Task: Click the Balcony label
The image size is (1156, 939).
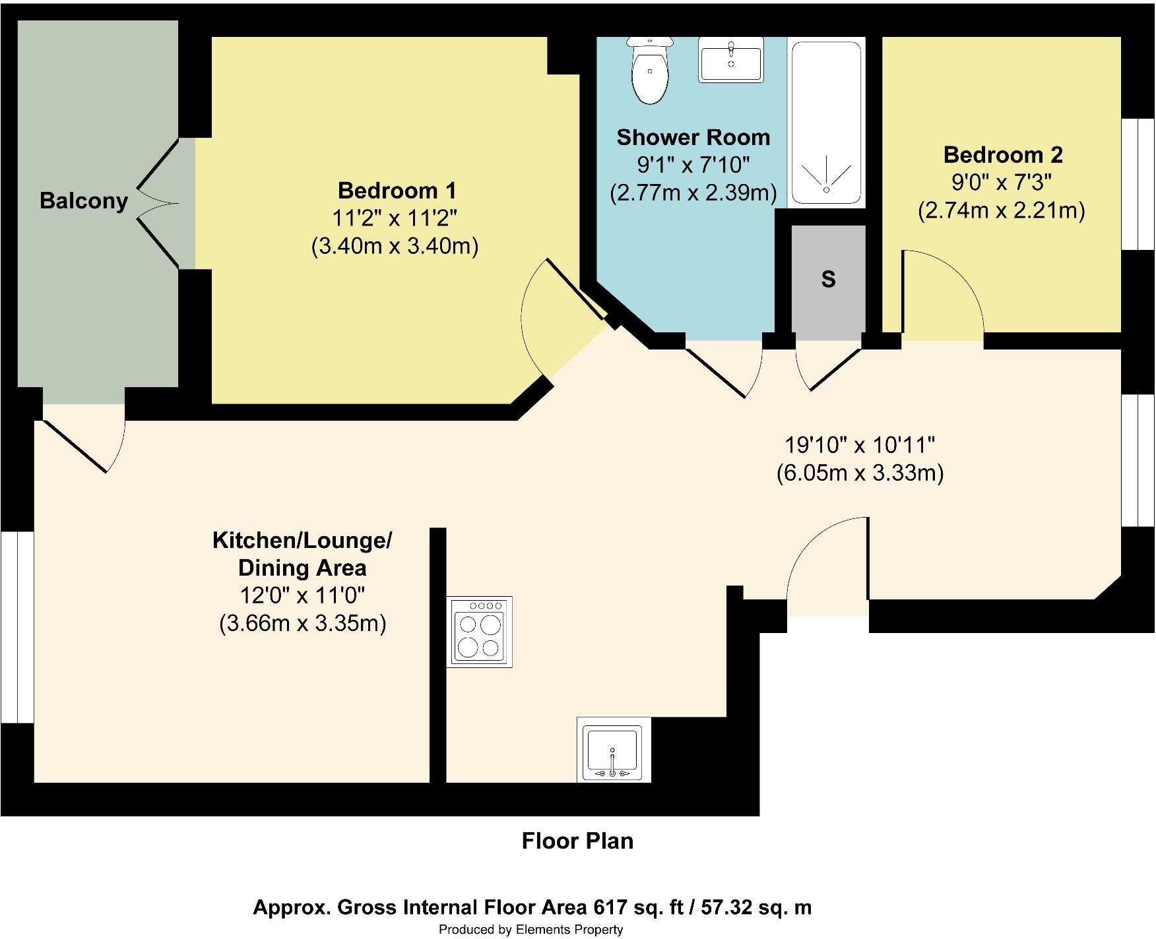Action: coord(84,200)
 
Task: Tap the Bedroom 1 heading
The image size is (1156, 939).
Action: coord(397,191)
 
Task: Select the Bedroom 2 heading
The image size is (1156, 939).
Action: coord(1003,155)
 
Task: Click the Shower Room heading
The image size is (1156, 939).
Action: coord(693,137)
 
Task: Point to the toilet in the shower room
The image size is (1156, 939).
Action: coord(650,72)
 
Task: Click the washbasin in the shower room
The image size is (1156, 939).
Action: coord(730,60)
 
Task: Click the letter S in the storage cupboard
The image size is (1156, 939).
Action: coord(828,280)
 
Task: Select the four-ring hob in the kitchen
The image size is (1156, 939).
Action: coord(479,632)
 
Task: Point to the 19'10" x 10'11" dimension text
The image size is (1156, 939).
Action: coord(860,445)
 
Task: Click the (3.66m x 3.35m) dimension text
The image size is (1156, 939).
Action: coord(302,623)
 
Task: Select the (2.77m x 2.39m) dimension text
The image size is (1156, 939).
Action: coord(693,193)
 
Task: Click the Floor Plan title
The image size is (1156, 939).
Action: coord(577,841)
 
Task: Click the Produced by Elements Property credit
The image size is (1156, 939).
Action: coord(531,930)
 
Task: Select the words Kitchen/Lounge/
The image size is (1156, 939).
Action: coord(302,541)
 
